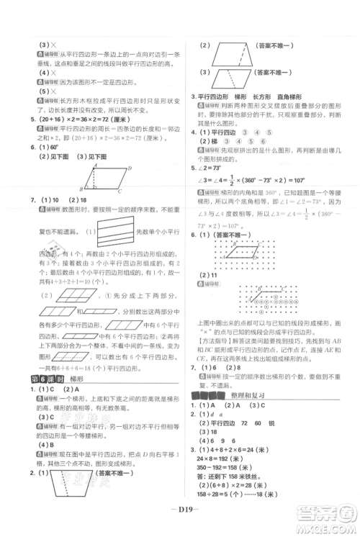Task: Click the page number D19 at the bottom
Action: click(179, 515)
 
